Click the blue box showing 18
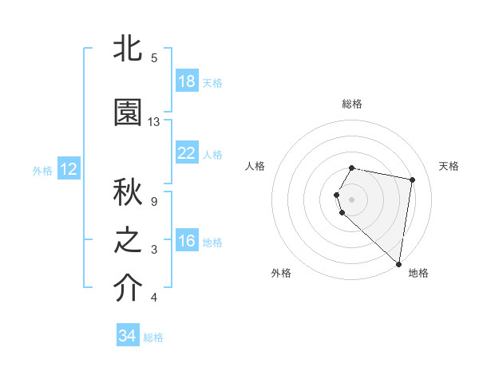pos(186,81)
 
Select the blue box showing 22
pos(186,153)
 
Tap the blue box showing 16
pos(186,241)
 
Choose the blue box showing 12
pos(69,169)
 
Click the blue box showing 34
pos(127,336)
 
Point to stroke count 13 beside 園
pos(154,122)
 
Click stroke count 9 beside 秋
pos(154,201)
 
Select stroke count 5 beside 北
pos(154,58)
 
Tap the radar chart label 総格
pos(352,104)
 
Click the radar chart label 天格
pos(449,166)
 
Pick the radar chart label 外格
pos(281,273)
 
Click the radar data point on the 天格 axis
pos(412,180)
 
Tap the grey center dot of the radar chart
pos(352,199)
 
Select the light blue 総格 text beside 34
pos(153,337)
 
